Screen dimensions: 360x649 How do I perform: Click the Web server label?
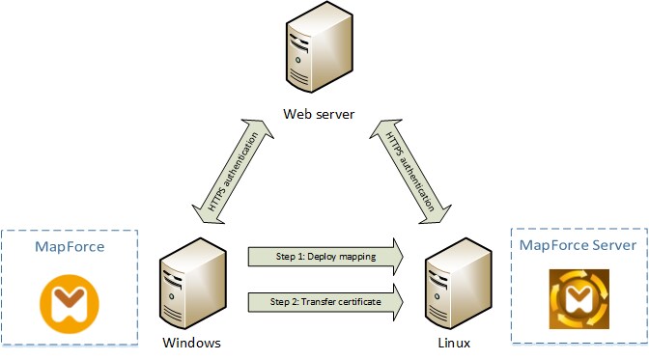tap(319, 115)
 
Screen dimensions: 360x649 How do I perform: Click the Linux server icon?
tap(450, 285)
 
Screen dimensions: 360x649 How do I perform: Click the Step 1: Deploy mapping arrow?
tap(323, 256)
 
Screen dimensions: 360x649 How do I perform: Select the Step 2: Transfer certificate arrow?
tap(323, 302)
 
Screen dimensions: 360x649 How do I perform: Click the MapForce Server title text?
tap(578, 245)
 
